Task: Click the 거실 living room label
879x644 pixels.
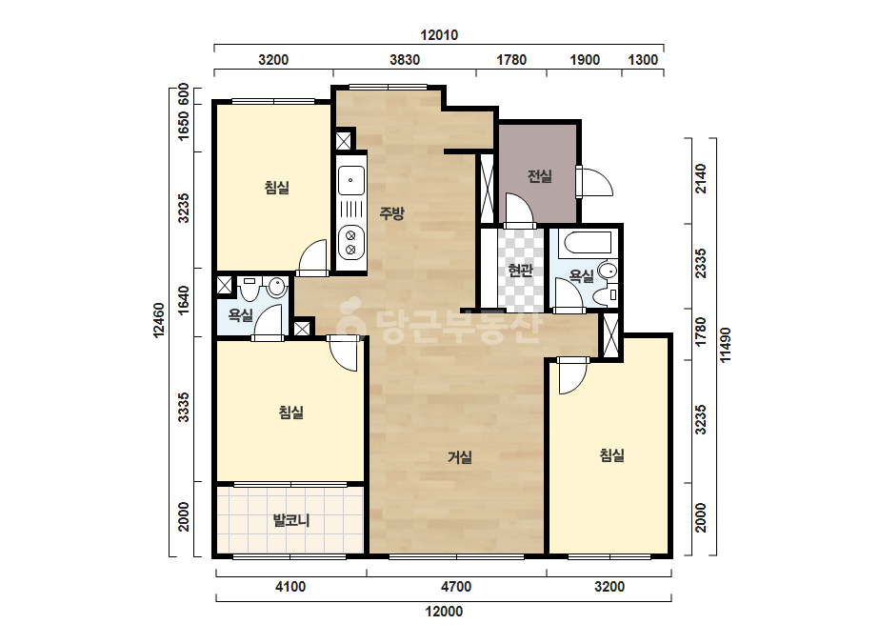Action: click(x=460, y=458)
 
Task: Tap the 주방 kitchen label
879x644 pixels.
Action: click(x=391, y=213)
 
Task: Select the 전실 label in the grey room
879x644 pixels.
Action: click(x=540, y=176)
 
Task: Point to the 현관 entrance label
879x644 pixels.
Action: click(x=520, y=271)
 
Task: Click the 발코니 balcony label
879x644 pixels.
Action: click(x=291, y=520)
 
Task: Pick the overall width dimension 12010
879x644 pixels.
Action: click(x=439, y=35)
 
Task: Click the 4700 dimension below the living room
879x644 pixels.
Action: click(x=456, y=587)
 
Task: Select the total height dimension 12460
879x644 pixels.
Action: click(x=160, y=320)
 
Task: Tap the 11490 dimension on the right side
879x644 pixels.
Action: click(x=726, y=345)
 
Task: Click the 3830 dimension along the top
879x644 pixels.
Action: click(x=405, y=59)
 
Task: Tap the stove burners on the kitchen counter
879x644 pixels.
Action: click(x=350, y=242)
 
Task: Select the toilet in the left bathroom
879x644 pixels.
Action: click(x=276, y=287)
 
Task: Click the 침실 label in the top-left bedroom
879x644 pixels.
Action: click(x=277, y=188)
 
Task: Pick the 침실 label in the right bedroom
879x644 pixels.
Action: click(x=611, y=455)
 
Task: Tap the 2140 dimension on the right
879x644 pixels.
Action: click(x=701, y=179)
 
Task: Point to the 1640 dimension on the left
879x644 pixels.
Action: click(x=183, y=301)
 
